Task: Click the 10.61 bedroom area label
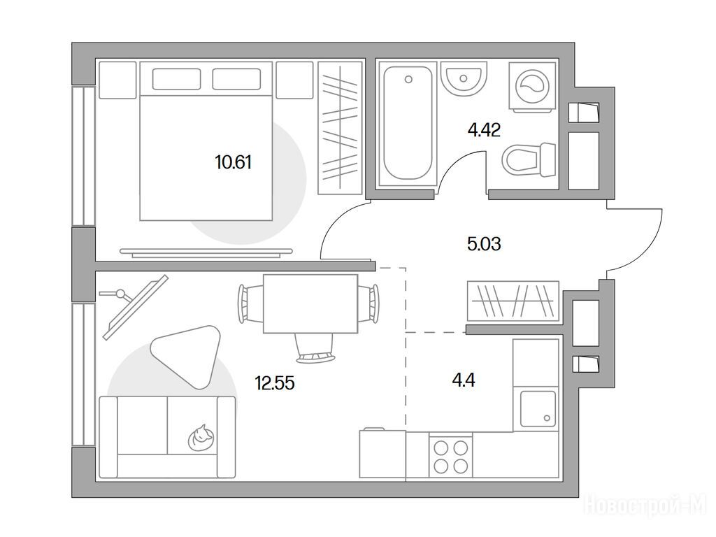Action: (x=234, y=162)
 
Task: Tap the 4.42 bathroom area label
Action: (x=484, y=130)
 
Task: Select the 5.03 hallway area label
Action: (x=484, y=244)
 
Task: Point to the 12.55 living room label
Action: (x=275, y=382)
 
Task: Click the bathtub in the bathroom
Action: (x=408, y=124)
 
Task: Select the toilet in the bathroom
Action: (x=529, y=159)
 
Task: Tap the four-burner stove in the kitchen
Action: (x=451, y=455)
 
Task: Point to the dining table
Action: (x=310, y=303)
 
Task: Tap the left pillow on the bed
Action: (x=176, y=79)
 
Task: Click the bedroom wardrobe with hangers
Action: (x=341, y=127)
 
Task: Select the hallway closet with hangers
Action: (x=513, y=301)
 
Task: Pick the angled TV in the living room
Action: (x=136, y=307)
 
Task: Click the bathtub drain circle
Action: (x=408, y=80)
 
